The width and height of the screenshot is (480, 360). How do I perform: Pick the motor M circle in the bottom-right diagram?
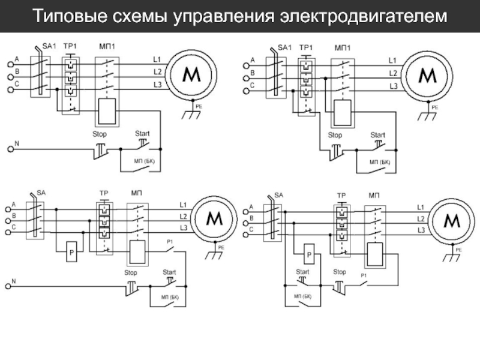tap(452, 222)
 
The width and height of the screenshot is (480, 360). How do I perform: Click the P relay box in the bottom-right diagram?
tap(310, 256)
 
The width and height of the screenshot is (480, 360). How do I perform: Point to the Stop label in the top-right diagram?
tap(335, 135)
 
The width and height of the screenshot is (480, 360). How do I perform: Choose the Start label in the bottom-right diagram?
tap(302, 272)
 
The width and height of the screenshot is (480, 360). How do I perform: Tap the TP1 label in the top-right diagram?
tap(306, 47)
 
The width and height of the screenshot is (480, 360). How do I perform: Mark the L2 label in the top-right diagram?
tap(393, 73)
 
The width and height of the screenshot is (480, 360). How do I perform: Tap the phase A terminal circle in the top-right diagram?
tap(245, 61)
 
